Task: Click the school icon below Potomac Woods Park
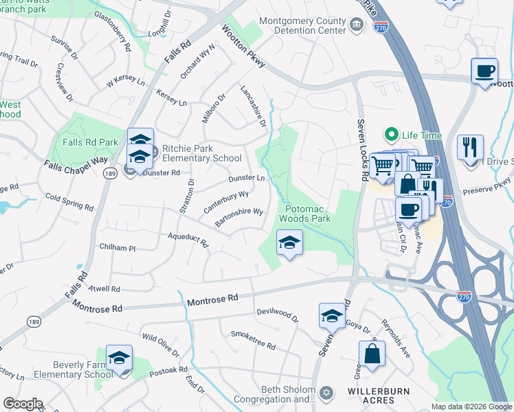tap(289, 242)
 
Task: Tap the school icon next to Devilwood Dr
tap(332, 316)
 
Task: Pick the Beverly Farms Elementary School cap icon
tap(119, 358)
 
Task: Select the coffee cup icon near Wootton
tap(484, 71)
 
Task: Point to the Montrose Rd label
tap(212, 299)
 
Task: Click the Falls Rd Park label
tap(89, 142)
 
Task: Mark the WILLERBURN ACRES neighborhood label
tap(371, 396)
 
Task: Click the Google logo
tap(23, 403)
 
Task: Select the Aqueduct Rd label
tap(188, 240)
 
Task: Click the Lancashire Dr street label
tap(252, 106)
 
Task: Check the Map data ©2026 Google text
tap(471, 407)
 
